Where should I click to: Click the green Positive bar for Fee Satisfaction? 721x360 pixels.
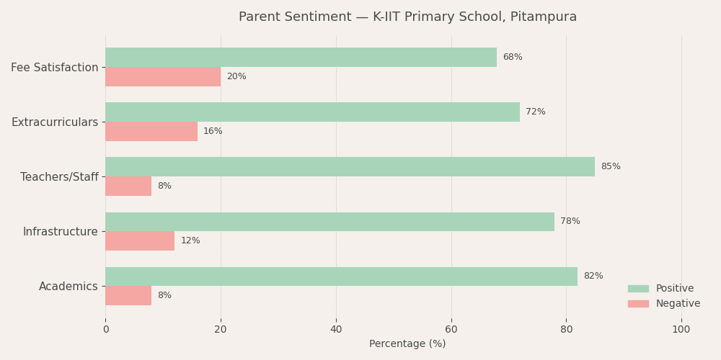coord(301,58)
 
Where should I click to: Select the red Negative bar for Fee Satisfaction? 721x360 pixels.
coord(163,77)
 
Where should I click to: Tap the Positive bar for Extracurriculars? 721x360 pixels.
coord(312,112)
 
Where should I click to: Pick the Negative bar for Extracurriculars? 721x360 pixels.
coord(151,132)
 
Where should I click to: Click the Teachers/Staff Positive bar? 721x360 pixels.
coord(350,167)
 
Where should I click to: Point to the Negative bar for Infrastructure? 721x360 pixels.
coord(140,241)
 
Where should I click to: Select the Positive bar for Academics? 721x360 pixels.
coord(341,276)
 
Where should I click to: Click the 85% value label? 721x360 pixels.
coord(610,167)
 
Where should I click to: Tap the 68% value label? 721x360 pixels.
coord(512,58)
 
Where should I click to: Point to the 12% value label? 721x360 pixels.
coord(190,241)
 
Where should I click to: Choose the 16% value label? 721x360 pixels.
coord(213,132)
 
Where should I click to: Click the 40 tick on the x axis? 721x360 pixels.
coord(336,330)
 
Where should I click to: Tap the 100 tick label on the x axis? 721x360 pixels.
coord(681,330)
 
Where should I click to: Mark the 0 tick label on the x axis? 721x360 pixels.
coord(106,330)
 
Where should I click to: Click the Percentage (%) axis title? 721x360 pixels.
coord(407,344)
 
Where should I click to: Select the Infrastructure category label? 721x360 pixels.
coord(60,232)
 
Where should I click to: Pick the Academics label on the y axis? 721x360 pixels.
coord(68,287)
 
